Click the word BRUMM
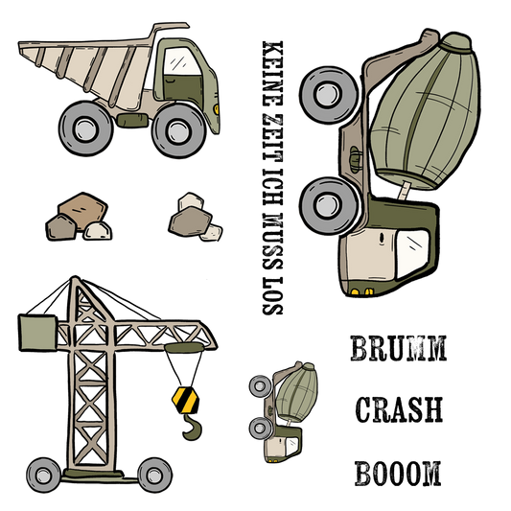click(x=398, y=348)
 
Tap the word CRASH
click(x=399, y=409)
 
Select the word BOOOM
click(x=398, y=474)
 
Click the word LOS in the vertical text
click(x=273, y=296)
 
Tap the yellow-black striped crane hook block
click(x=185, y=400)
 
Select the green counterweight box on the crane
click(x=37, y=333)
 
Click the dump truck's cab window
click(x=181, y=61)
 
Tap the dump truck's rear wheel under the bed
click(x=85, y=128)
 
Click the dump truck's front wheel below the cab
click(x=178, y=131)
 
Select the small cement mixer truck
click(x=284, y=412)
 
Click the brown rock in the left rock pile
click(x=82, y=211)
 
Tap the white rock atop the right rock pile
click(x=191, y=201)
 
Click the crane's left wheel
click(x=43, y=475)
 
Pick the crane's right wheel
click(x=154, y=475)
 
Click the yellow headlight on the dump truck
click(x=217, y=109)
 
